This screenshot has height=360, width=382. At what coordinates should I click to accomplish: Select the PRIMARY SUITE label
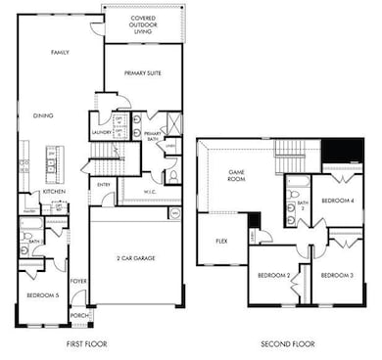pyautogui.click(x=143, y=73)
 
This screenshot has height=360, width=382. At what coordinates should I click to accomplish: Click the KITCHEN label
pyautogui.click(x=53, y=192)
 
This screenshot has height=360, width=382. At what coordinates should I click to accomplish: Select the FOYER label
pyautogui.click(x=77, y=282)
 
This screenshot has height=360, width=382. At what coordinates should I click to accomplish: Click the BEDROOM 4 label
pyautogui.click(x=338, y=201)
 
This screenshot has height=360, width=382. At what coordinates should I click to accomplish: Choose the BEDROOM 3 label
pyautogui.click(x=337, y=275)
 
